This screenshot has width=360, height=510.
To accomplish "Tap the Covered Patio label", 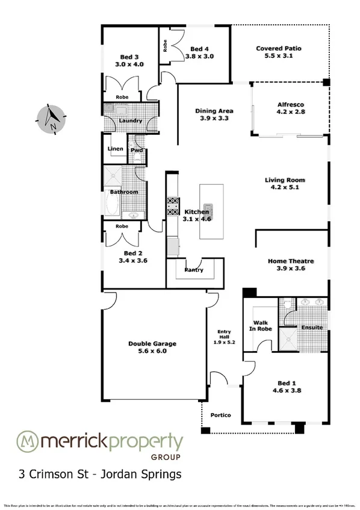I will (x=278, y=52).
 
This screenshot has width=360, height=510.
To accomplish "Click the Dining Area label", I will (x=214, y=114).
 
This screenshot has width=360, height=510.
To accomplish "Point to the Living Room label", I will (x=285, y=184).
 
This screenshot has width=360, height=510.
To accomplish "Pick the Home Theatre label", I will (x=291, y=265).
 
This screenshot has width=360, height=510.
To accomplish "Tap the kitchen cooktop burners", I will (x=173, y=207).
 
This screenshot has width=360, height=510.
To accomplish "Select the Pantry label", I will (x=194, y=270).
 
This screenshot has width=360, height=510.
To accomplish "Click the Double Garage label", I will (x=152, y=347).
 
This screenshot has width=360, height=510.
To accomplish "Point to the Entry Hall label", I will (x=224, y=335).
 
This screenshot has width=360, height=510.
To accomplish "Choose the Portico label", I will (x=220, y=415).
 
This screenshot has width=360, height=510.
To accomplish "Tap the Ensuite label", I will (x=312, y=328).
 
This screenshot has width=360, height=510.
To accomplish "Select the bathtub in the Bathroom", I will (x=113, y=204).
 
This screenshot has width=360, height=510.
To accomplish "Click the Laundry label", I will (x=131, y=120).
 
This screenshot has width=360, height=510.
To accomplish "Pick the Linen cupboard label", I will (x=115, y=149).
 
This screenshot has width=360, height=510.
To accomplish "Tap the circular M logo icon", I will (x=27, y=441).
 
